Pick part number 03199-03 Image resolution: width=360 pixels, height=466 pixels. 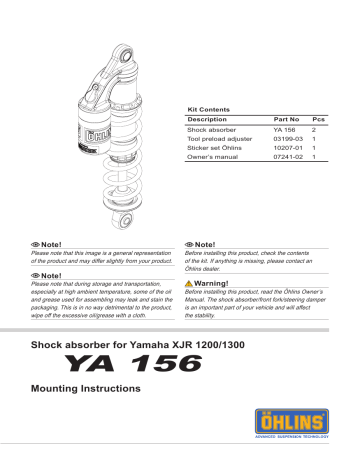point(287,142)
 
